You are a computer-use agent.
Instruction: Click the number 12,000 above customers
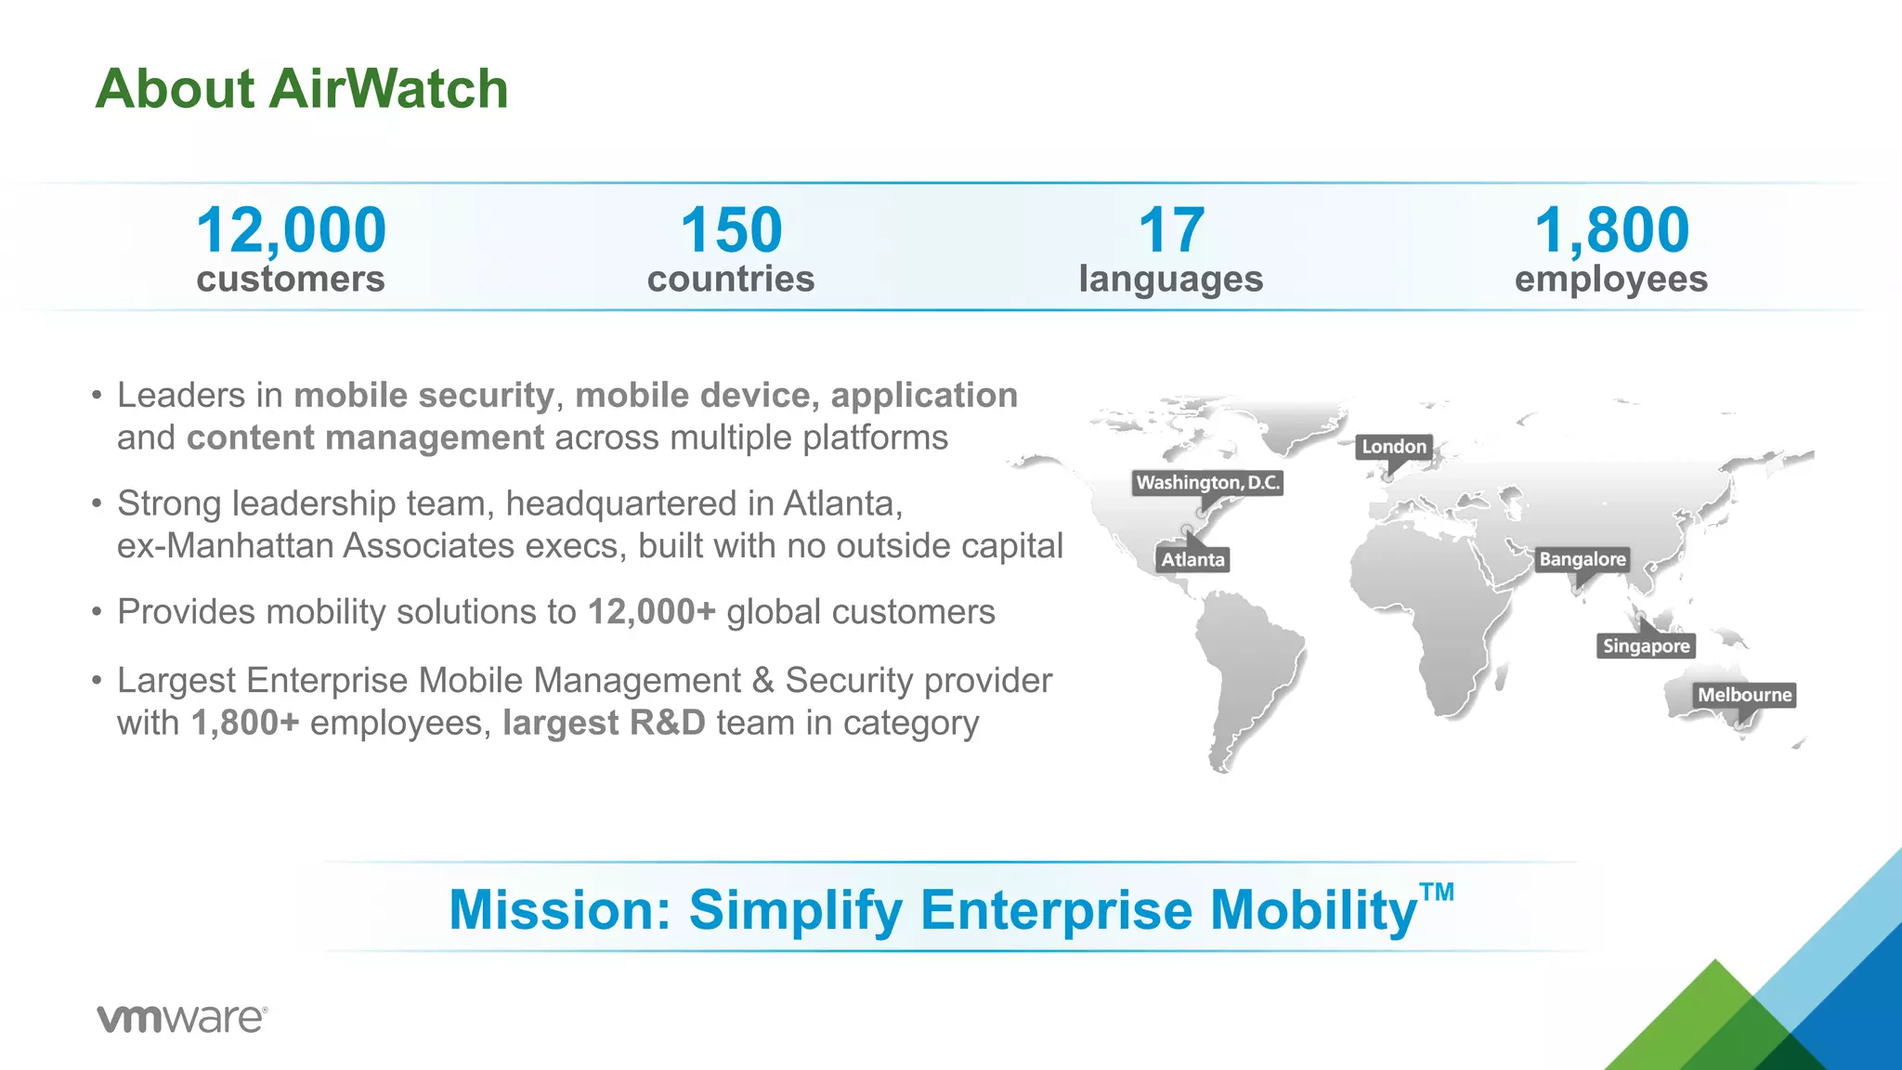[x=291, y=230]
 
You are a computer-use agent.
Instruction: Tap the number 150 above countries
[x=731, y=230]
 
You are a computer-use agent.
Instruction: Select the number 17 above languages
[x=1170, y=230]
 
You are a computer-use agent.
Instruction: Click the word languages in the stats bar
[x=1170, y=279]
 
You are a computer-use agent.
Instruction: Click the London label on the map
[x=1393, y=447]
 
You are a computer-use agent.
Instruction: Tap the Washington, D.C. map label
[x=1207, y=482]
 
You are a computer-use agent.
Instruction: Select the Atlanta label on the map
[x=1192, y=559]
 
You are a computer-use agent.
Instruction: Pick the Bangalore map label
[x=1582, y=559]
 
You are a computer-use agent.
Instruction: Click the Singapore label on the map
[x=1646, y=646]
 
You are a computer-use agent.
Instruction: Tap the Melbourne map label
[x=1744, y=695]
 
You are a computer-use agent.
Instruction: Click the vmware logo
[x=182, y=1018]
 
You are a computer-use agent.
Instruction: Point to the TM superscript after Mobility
[x=1437, y=894]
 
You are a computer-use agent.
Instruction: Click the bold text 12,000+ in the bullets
[x=651, y=612]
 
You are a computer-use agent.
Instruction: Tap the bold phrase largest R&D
[x=604, y=724]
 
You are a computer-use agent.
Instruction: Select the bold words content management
[x=365, y=438]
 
